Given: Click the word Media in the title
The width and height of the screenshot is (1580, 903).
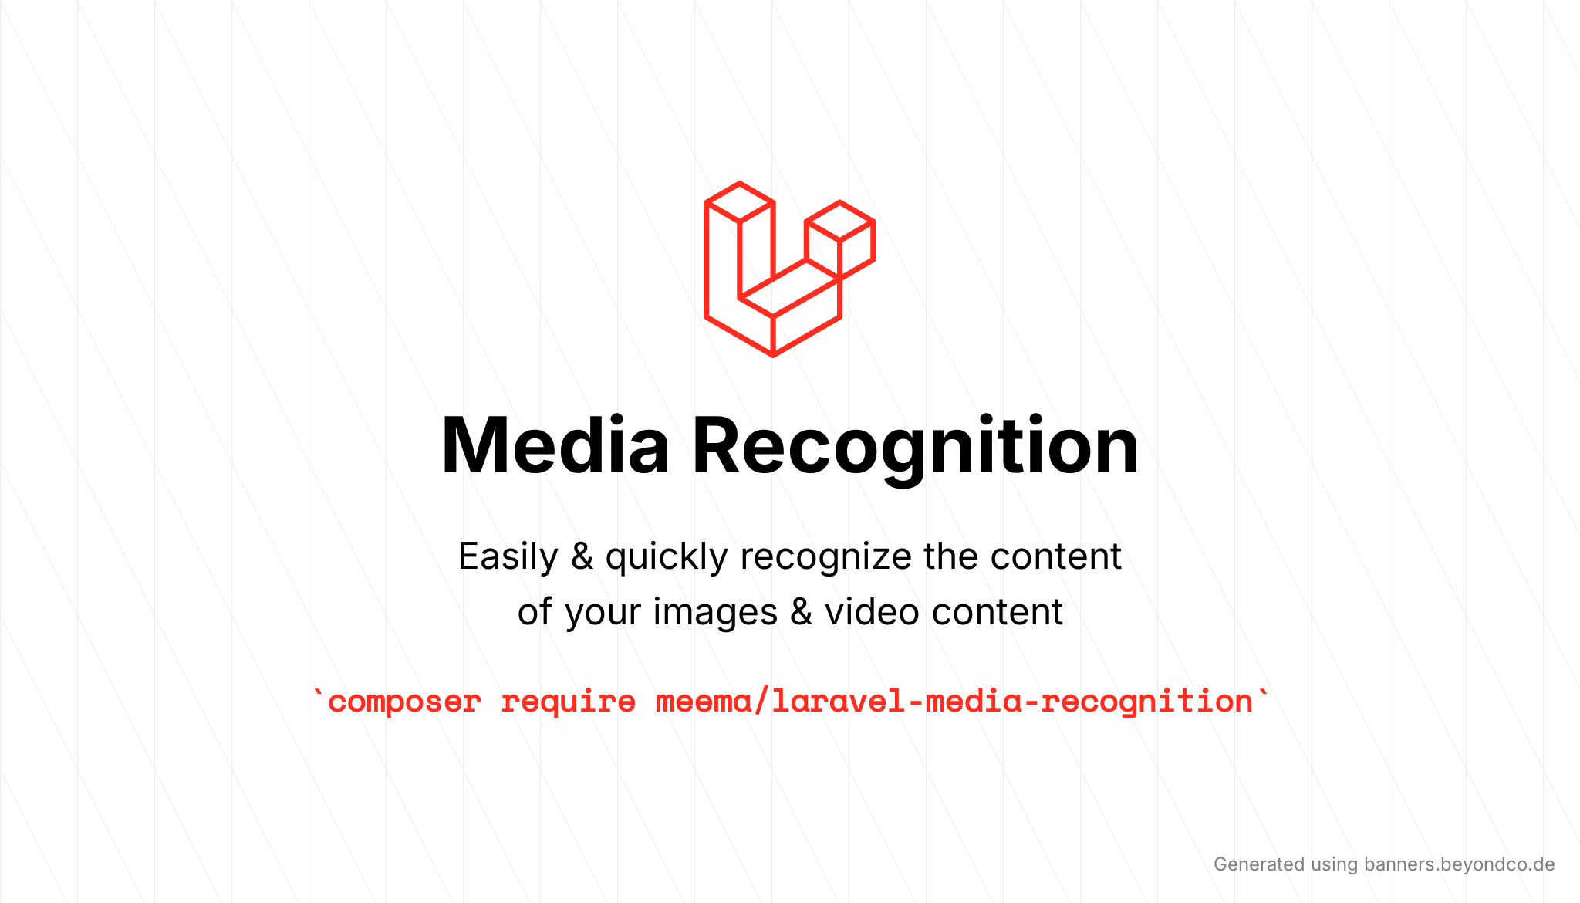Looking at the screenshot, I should click(555, 446).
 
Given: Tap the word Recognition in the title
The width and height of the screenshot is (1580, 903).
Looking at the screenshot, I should click(915, 446).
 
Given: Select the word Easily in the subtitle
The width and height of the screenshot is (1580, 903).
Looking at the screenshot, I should click(508, 557).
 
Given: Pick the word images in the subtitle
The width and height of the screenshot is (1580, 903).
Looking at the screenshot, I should click(714, 613).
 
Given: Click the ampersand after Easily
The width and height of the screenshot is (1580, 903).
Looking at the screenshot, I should click(582, 557).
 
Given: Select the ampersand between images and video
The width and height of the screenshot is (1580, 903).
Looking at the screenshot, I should click(802, 613).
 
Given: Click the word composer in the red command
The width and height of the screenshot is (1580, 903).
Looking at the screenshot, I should click(404, 702).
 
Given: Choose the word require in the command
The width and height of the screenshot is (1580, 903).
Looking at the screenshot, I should click(569, 702).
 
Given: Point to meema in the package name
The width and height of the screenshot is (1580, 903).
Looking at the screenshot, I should click(703, 702).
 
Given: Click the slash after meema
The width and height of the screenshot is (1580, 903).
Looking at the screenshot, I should click(761, 702).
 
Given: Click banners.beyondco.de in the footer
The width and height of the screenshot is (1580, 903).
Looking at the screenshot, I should click(1459, 864).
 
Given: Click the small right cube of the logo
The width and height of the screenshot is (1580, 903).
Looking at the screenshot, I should click(840, 239).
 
